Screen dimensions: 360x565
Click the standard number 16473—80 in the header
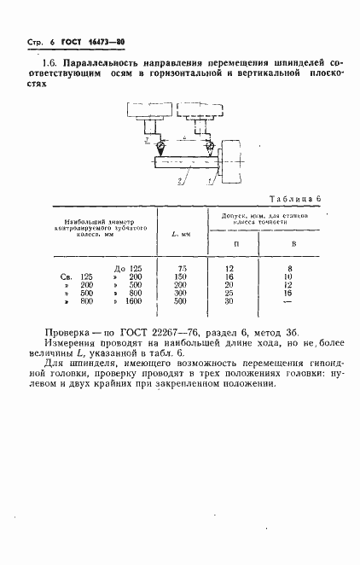[105, 42]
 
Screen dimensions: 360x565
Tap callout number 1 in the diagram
[211, 182]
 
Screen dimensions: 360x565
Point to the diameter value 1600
[132, 301]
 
